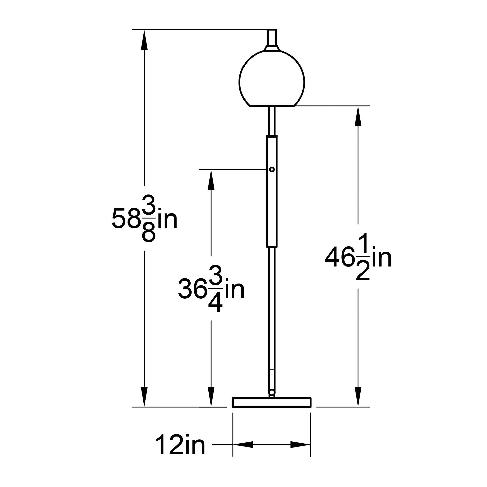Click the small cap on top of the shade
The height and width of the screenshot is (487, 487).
(272, 38)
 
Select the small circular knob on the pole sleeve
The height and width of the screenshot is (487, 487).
(272, 170)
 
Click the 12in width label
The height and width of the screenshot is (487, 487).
(180, 451)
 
